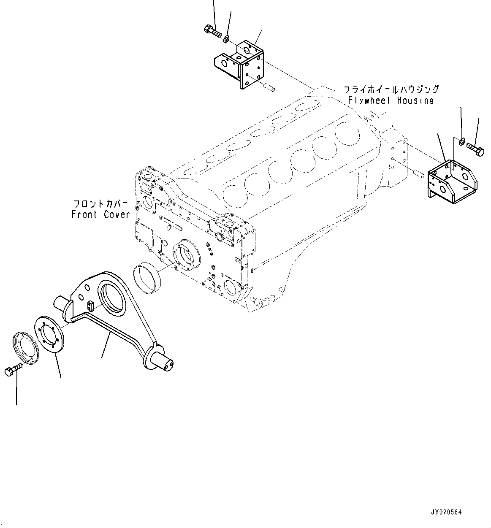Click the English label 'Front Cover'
tap(100, 214)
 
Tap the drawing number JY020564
tap(446, 512)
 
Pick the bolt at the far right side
tap(476, 149)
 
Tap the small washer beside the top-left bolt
tap(226, 39)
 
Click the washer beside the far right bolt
tap(461, 141)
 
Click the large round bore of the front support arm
tap(112, 298)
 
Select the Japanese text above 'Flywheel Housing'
tap(391, 89)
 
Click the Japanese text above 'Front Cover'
tap(100, 203)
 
